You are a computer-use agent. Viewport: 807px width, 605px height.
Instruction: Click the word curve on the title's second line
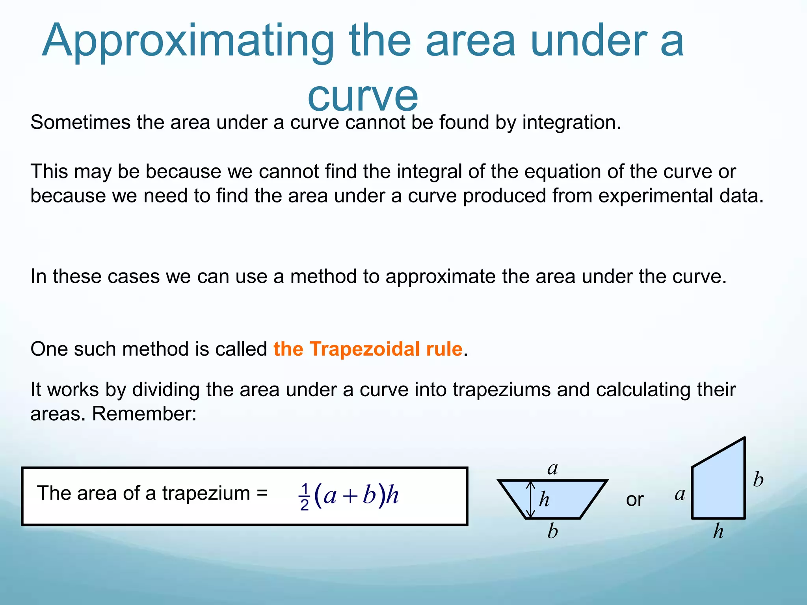363,96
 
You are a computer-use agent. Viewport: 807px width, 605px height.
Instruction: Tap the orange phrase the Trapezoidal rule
368,349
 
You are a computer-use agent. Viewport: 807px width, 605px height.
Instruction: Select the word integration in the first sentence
571,122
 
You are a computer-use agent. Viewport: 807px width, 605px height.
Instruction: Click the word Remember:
144,414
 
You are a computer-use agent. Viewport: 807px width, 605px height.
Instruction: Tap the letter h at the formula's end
392,495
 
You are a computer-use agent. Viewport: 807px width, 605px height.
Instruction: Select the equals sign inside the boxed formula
262,492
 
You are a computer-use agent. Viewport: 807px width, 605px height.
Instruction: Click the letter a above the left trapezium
552,468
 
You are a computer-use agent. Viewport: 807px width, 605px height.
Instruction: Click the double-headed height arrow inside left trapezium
531,499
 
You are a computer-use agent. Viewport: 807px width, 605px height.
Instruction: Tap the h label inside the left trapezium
544,499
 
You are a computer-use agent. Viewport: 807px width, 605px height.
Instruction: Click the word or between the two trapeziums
634,500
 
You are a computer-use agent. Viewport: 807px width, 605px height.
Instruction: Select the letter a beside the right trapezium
680,494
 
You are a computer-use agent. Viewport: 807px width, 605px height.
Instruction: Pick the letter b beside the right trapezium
758,479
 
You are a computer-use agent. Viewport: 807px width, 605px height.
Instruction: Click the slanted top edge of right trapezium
718,453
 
